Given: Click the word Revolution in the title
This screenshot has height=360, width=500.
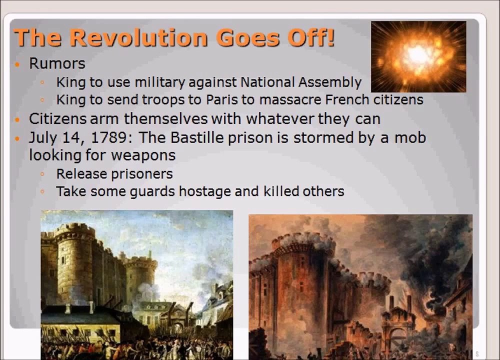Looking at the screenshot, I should tap(138, 37).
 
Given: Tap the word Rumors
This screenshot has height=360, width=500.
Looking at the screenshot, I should tap(57, 63).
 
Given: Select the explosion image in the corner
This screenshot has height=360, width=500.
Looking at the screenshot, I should tap(418, 56).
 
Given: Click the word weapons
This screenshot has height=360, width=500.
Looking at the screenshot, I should tap(143, 155).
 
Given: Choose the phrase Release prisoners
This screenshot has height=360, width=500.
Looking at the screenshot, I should tap(114, 173).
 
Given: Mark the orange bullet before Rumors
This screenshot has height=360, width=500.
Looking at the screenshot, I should tap(18, 64).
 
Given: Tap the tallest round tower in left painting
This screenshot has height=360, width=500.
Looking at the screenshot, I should tap(75, 260).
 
